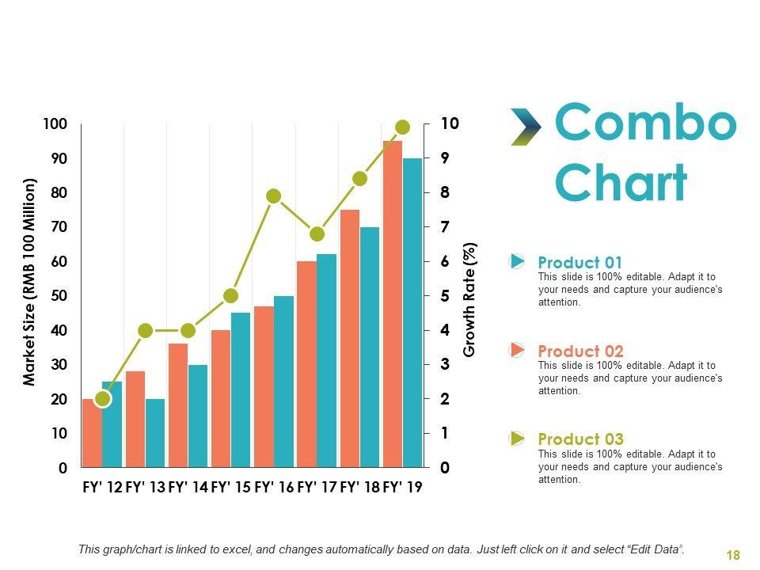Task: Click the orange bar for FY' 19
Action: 393,305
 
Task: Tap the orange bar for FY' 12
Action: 91,433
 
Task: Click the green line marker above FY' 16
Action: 274,196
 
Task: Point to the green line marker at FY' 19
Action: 402,127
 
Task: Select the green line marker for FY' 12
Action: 102,399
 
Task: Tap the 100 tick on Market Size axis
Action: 55,124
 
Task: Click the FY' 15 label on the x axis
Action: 231,488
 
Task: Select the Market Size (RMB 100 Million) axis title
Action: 30,282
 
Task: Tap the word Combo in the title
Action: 645,123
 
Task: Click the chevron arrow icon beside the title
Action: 525,127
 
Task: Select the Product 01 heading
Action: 580,263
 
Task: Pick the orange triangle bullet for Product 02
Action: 517,349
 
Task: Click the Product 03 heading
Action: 580,439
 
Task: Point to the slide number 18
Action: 733,556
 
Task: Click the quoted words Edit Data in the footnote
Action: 653,549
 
